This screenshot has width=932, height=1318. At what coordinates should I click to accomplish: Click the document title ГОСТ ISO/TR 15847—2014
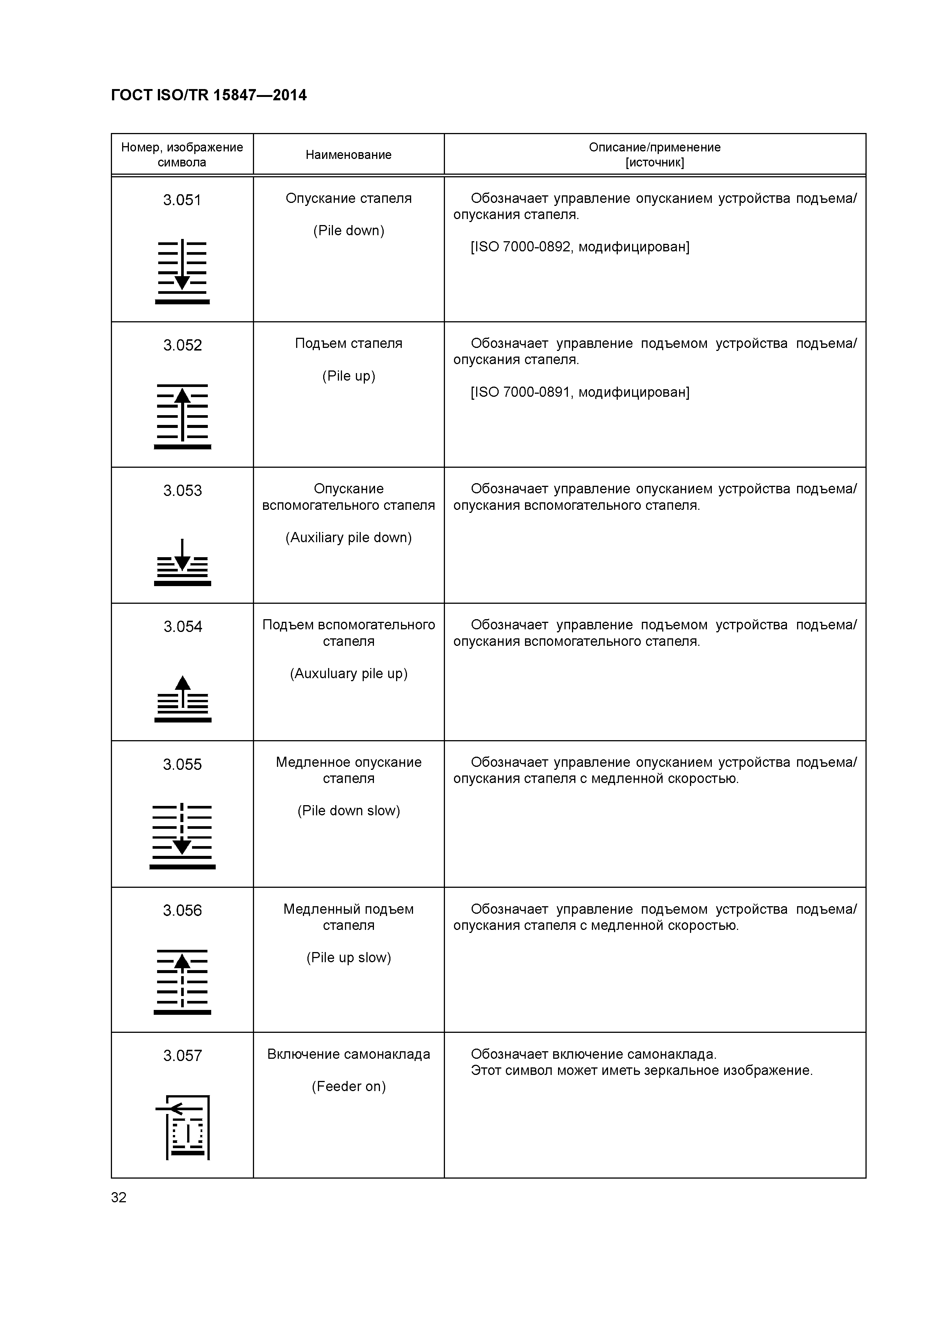[209, 95]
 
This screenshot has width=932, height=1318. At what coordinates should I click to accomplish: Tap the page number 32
[118, 1197]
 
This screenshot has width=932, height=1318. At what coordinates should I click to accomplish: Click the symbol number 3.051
[182, 200]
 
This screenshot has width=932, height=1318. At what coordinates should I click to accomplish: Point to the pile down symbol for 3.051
[182, 271]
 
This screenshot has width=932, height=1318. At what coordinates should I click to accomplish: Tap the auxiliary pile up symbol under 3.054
[182, 699]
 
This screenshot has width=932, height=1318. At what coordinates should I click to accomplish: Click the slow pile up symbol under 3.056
[182, 982]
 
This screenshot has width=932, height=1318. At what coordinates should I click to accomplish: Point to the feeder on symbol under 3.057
[182, 1128]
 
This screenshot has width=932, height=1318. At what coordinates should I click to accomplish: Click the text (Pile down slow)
[349, 810]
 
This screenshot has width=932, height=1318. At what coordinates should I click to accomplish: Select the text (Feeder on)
[349, 1086]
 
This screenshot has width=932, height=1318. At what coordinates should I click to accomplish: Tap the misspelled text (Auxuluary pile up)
[349, 673]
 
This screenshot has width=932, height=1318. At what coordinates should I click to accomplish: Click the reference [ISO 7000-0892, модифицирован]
[580, 247]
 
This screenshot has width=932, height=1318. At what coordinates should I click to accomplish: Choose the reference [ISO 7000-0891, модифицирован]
[580, 392]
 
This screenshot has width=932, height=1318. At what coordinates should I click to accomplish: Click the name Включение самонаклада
[349, 1054]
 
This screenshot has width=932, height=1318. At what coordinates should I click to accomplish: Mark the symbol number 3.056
[182, 910]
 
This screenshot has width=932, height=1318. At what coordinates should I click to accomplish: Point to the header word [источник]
[655, 162]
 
